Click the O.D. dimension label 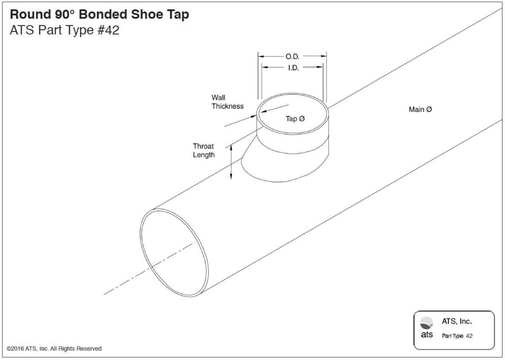tap(292, 57)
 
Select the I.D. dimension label tap(293, 68)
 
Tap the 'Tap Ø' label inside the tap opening tap(295, 119)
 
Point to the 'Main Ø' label tap(420, 109)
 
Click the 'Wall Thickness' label tap(227, 102)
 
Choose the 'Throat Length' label tap(204, 150)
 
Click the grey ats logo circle tap(427, 323)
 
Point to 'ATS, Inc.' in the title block tap(457, 322)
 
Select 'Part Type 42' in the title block tap(457, 336)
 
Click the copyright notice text tap(54, 349)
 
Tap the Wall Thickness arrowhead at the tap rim tap(256, 115)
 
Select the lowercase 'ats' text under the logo tap(427, 335)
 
